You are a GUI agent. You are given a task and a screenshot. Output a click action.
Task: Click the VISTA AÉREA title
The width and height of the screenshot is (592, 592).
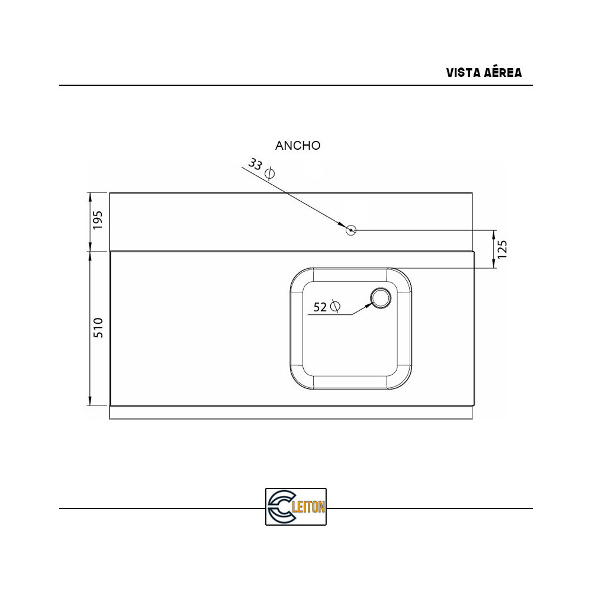(484, 72)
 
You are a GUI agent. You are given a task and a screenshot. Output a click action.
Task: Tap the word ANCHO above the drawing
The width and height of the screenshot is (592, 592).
(298, 146)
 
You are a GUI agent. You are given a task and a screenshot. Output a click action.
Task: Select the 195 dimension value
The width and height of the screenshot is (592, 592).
(98, 220)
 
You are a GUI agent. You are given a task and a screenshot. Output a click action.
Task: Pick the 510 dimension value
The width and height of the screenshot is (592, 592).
(98, 328)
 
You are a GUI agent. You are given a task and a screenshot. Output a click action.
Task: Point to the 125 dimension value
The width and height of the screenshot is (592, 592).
(502, 249)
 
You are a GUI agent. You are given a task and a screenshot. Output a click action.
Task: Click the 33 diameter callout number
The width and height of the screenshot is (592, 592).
(255, 165)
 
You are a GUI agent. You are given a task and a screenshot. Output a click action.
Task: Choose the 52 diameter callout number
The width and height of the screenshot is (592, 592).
(320, 307)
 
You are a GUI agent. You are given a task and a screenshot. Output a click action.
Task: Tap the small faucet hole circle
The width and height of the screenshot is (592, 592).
(351, 230)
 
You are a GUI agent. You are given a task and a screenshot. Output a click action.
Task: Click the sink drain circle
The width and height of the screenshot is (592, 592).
(381, 298)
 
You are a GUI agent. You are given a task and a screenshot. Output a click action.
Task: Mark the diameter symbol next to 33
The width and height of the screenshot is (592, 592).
(269, 173)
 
